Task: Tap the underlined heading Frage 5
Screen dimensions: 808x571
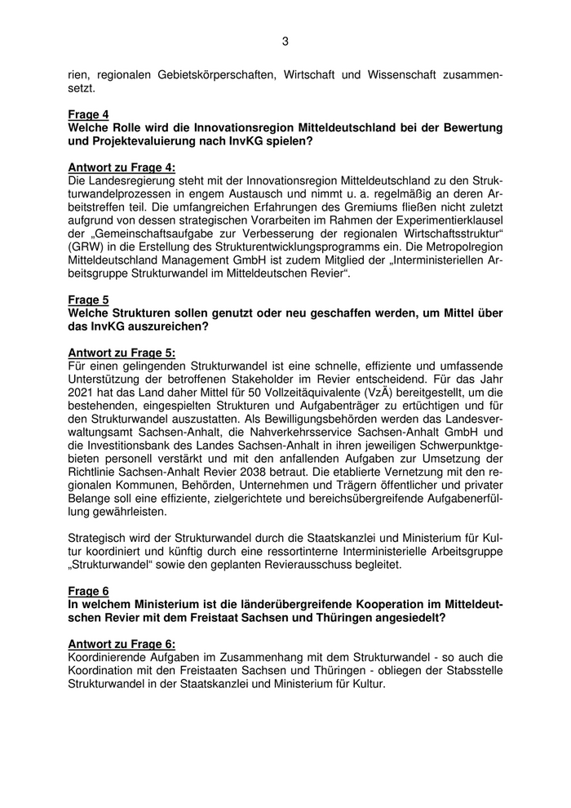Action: (88, 300)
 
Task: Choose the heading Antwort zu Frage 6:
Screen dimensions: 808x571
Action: (122, 642)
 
